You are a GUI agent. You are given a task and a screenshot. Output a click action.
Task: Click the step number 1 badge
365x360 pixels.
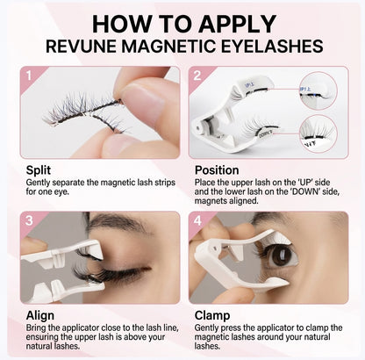(x=29, y=76)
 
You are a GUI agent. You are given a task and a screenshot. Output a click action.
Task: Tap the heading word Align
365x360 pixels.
(x=39, y=313)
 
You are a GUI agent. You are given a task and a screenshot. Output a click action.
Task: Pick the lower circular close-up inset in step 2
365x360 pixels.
(x=318, y=133)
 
